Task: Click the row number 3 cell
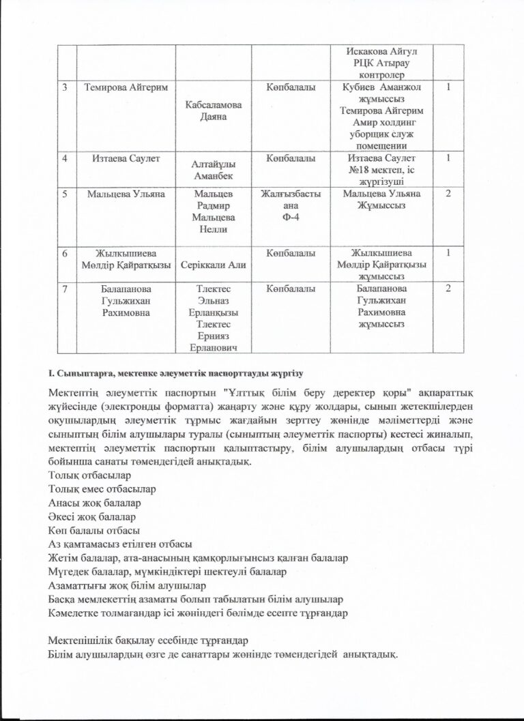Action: tap(65, 87)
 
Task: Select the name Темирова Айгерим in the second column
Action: tap(125, 87)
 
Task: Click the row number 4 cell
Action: tap(65, 159)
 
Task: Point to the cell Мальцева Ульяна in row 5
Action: tap(125, 194)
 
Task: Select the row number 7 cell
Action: tap(65, 289)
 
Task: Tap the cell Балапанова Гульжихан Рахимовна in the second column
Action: tap(125, 301)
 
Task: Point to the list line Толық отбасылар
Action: tap(89, 475)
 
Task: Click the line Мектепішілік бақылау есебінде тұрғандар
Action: tap(148, 641)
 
